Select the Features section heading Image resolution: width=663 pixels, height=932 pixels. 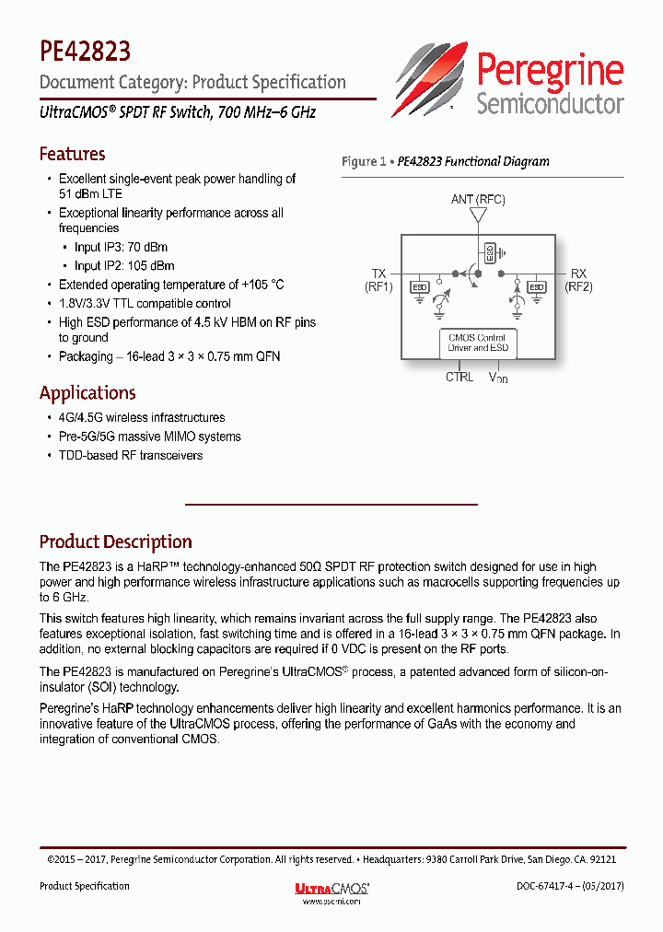[x=72, y=154]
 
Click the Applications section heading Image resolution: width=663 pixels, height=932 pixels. [x=87, y=393]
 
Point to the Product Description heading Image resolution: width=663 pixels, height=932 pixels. [x=115, y=542]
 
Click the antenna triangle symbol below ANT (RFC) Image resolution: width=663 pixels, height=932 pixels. [x=478, y=216]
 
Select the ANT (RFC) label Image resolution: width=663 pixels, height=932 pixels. [x=478, y=199]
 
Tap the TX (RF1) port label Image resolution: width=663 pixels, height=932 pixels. [x=378, y=280]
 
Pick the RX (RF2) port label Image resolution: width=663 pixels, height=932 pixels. [x=578, y=280]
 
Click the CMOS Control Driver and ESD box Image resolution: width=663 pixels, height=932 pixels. [x=479, y=344]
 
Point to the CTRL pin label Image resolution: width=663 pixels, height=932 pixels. [x=459, y=377]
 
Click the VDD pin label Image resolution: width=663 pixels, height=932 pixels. [x=498, y=378]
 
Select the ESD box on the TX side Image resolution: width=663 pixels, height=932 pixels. [x=419, y=287]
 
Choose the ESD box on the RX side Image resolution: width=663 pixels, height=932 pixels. [x=537, y=287]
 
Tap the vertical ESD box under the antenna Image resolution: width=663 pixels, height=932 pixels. [x=489, y=251]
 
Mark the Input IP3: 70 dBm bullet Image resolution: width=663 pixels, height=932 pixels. [x=121, y=247]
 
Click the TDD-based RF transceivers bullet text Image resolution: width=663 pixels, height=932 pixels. [x=131, y=455]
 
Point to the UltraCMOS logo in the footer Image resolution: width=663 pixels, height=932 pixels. [x=331, y=889]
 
